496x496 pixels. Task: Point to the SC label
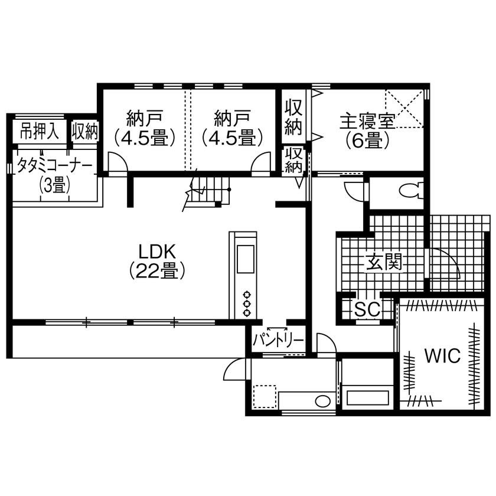[366, 308]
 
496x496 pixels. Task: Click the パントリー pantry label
[279, 341]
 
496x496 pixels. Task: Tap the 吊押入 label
[40, 131]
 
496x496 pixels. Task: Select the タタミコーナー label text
[54, 166]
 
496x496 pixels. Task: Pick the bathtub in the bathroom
[368, 397]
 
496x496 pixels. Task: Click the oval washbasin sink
[322, 401]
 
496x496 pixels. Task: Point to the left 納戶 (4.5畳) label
[145, 128]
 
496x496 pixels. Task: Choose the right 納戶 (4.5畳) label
[232, 128]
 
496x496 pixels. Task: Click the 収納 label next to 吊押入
[85, 131]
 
